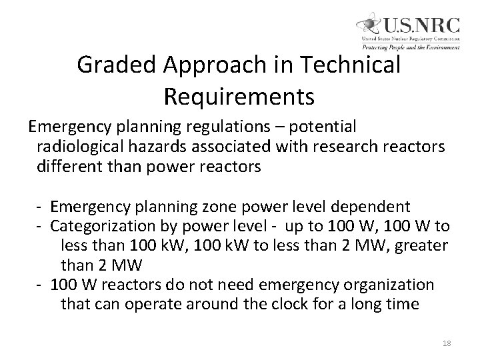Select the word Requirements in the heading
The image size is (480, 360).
239,97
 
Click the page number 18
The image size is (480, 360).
446,343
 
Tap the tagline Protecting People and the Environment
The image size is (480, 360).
411,47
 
